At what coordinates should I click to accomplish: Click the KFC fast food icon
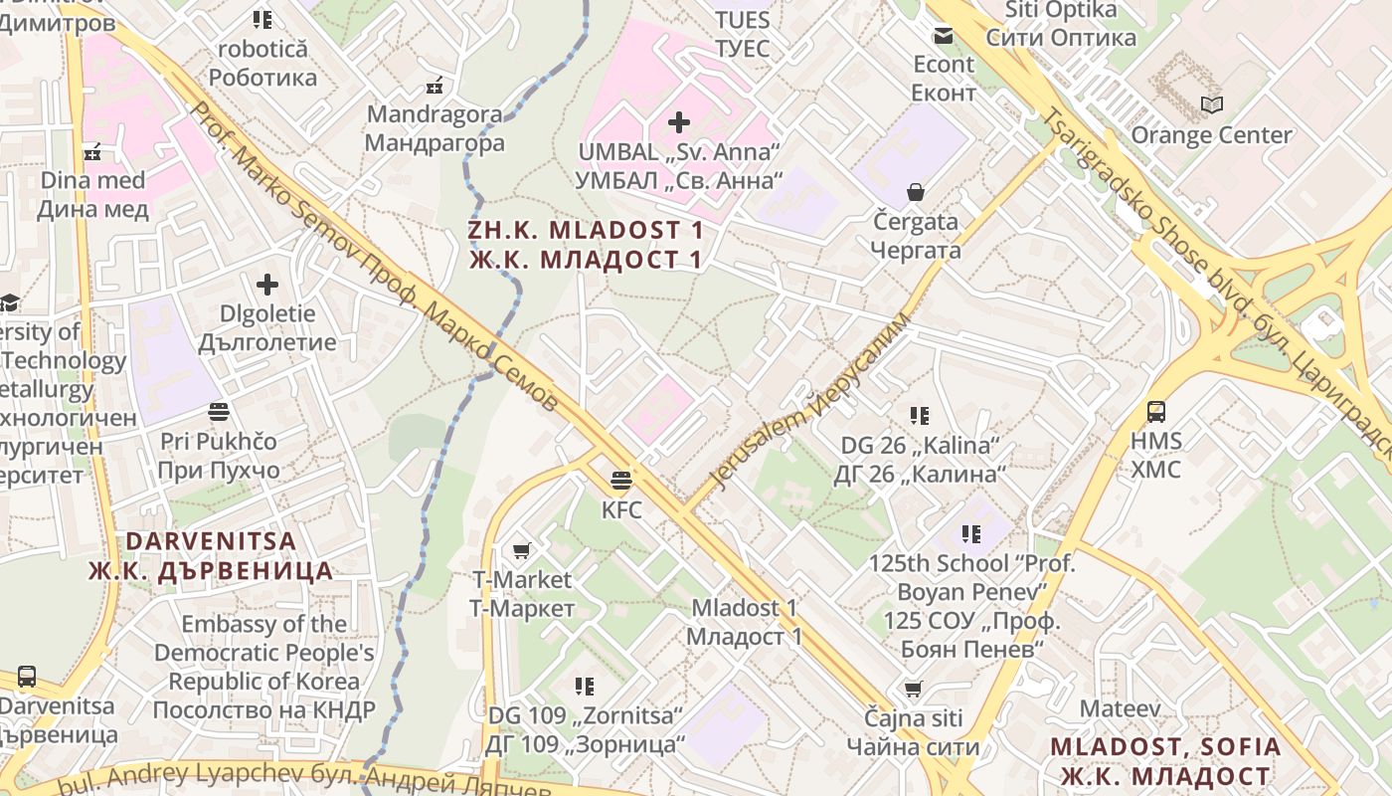pyautogui.click(x=621, y=482)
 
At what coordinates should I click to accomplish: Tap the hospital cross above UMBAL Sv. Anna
pyautogui.click(x=679, y=122)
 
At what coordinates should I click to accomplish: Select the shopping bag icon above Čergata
pyautogui.click(x=915, y=192)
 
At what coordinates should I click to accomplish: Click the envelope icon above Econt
pyautogui.click(x=943, y=36)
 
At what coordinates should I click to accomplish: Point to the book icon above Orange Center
pyautogui.click(x=1211, y=104)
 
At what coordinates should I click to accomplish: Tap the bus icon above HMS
pyautogui.click(x=1155, y=411)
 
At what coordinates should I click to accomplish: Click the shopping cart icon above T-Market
pyautogui.click(x=521, y=550)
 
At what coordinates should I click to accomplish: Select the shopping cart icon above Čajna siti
pyautogui.click(x=913, y=688)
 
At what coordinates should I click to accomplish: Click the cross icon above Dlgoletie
pyautogui.click(x=267, y=286)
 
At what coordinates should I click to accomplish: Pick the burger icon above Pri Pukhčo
pyautogui.click(x=219, y=411)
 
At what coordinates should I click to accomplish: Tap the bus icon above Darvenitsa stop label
pyautogui.click(x=27, y=677)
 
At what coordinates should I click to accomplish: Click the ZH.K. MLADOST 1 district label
pyautogui.click(x=586, y=245)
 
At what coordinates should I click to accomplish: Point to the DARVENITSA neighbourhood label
pyautogui.click(x=211, y=555)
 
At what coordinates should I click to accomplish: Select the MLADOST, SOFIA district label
pyautogui.click(x=1165, y=761)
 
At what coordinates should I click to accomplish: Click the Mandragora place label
pyautogui.click(x=435, y=128)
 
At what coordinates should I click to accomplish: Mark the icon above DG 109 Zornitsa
pyautogui.click(x=585, y=686)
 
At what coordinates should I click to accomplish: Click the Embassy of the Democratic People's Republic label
pyautogui.click(x=264, y=667)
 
